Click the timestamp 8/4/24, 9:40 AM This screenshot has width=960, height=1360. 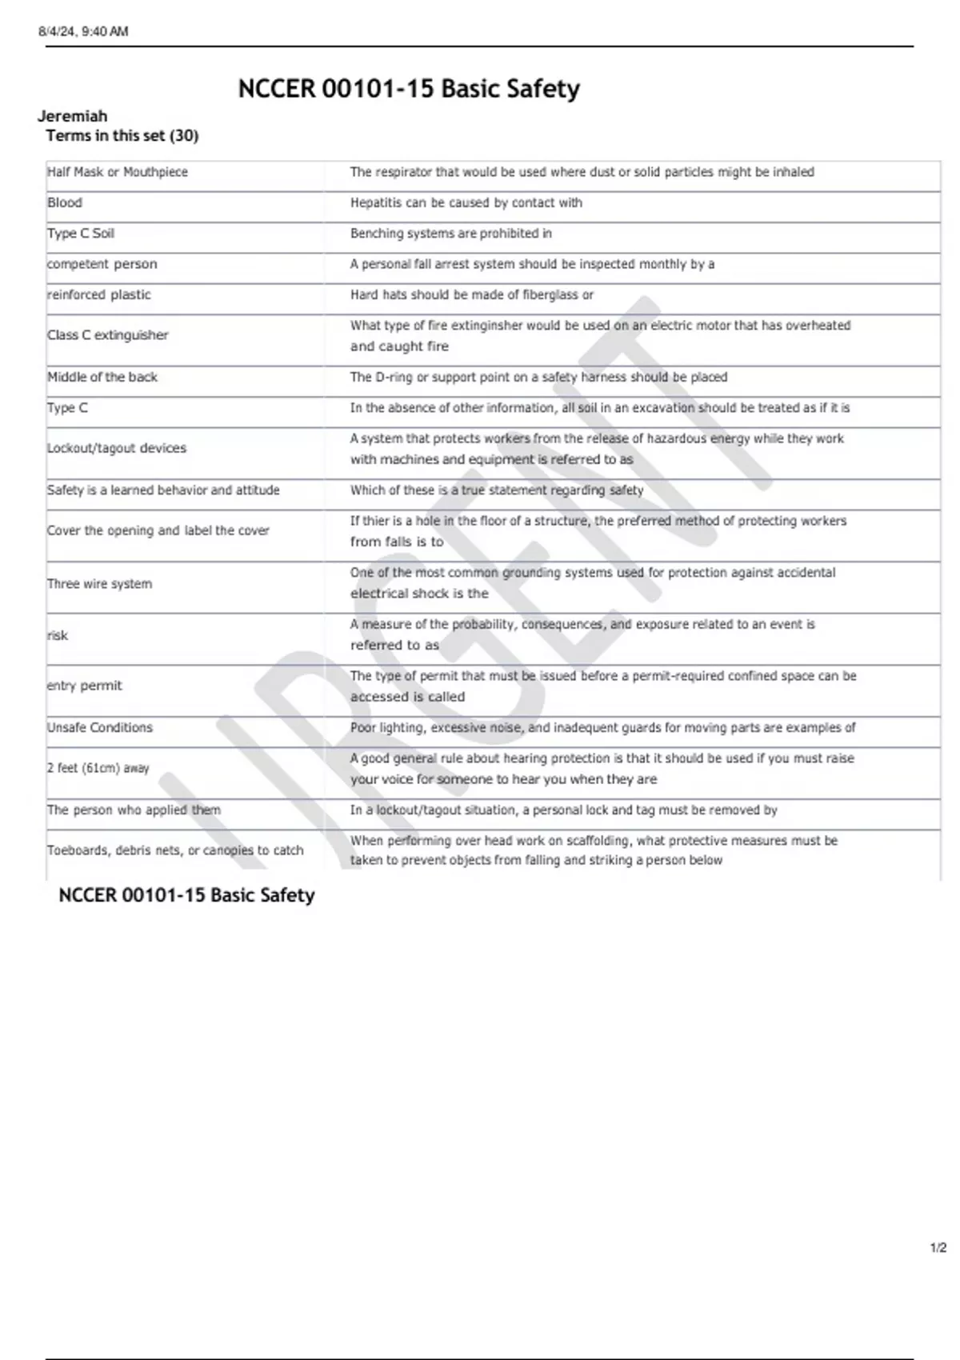83,31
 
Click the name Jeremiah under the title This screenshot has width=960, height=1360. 72,116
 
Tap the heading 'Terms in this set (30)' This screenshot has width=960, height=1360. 122,135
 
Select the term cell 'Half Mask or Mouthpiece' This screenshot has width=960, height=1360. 118,172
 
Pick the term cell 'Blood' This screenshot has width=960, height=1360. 65,202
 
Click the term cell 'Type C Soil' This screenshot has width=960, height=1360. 81,233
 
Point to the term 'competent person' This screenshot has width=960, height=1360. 102,264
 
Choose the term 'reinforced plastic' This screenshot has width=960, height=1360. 98,294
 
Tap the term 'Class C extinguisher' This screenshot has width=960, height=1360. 107,335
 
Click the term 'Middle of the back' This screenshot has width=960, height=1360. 102,377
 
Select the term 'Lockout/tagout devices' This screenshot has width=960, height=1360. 117,448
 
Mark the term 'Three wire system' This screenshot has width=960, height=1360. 99,584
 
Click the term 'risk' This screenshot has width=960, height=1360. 58,635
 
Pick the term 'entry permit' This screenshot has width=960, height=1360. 85,686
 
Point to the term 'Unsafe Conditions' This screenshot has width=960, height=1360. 100,727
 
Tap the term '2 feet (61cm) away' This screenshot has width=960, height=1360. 98,768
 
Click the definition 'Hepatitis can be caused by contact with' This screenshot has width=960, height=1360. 466,202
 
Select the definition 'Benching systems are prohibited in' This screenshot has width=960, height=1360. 451,233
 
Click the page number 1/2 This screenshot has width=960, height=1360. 938,1248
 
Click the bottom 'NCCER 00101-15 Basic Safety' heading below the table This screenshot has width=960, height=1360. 186,895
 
